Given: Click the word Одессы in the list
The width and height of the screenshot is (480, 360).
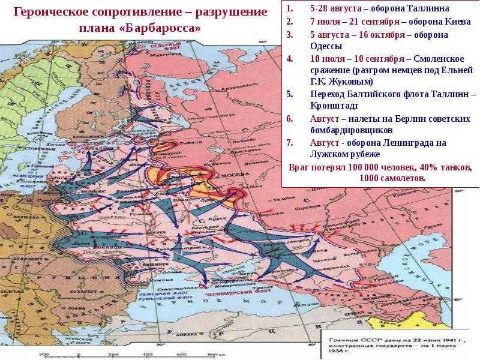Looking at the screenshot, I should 326,46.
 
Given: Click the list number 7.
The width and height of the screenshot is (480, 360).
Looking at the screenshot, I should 290,143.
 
